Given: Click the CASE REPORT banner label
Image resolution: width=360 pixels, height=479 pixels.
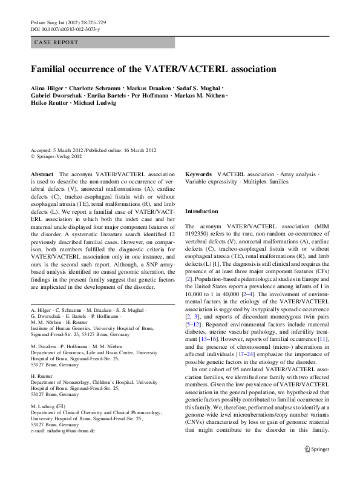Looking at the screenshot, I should pyautogui.click(x=57, y=42).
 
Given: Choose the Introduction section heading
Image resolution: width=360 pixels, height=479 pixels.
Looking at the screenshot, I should pyautogui.click(x=201, y=211).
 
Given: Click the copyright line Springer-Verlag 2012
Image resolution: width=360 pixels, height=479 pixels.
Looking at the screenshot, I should pyautogui.click(x=59, y=156).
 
